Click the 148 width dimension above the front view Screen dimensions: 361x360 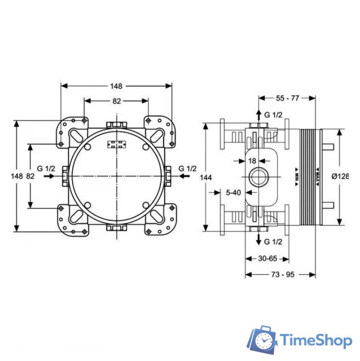(116, 86)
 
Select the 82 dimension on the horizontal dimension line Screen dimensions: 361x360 (116, 101)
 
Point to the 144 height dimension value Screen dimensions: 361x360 (207, 177)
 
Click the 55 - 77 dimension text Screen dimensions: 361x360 (288, 98)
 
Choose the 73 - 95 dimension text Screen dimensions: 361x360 (279, 274)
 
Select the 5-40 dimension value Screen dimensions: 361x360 (232, 192)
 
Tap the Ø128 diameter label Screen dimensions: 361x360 (340, 176)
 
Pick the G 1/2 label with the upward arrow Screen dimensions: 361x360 (273, 115)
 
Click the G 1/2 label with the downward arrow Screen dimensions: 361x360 (273, 241)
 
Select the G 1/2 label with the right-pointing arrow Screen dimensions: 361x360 (46, 169)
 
